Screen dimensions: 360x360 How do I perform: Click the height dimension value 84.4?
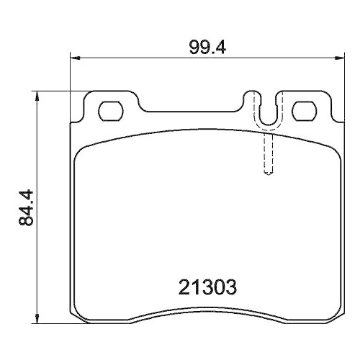tap(26, 207)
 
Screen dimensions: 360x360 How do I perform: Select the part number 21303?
tap(207, 288)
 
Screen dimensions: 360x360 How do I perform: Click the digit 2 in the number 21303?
tap(182, 288)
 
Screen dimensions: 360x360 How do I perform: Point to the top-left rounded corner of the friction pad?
tap(81, 148)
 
